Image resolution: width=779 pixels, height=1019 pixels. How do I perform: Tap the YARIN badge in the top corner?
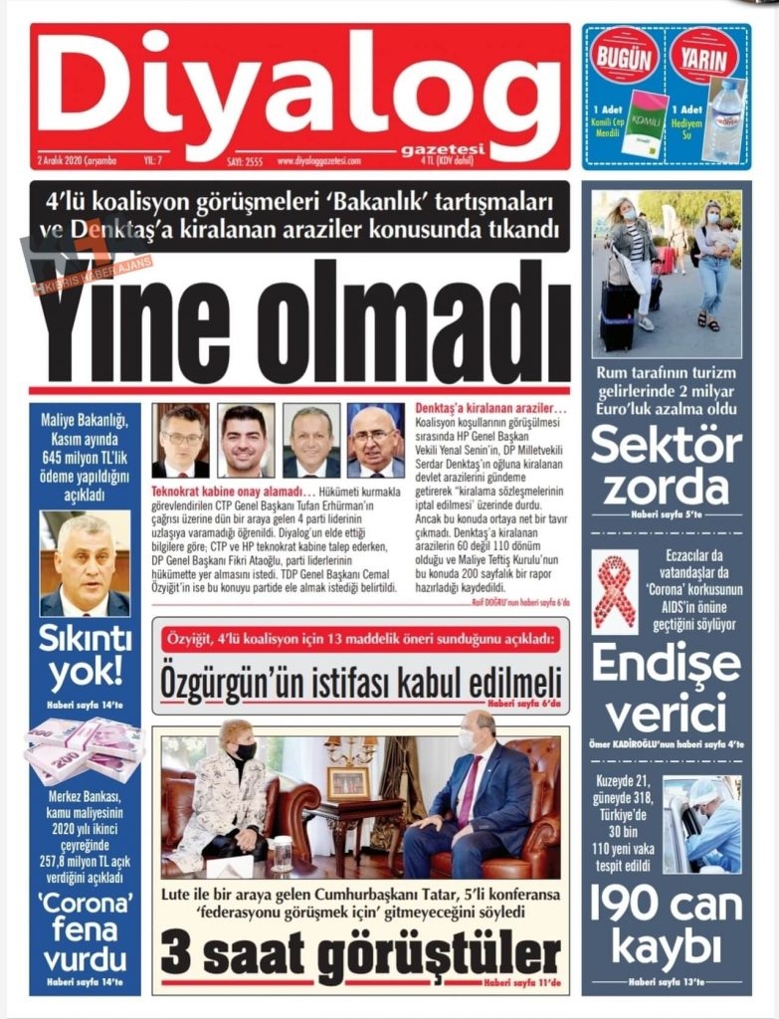704,56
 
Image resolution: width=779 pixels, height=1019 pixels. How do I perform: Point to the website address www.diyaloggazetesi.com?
318,160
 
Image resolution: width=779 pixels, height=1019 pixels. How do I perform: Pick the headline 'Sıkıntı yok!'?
85,658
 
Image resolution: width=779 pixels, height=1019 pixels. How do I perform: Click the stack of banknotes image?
85,750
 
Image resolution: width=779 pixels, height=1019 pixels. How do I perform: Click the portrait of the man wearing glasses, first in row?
181,440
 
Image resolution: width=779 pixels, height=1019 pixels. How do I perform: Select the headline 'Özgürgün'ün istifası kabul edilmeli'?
360,684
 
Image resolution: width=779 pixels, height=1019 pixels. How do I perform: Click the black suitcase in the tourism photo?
617,316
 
